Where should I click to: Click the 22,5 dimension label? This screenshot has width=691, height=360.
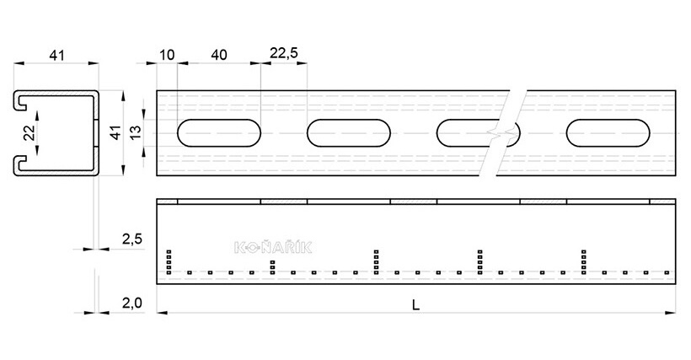(284, 53)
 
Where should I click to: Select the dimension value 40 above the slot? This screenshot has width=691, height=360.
(219, 55)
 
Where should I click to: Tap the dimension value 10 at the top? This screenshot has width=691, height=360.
(167, 55)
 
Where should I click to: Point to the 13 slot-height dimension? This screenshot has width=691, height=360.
(136, 132)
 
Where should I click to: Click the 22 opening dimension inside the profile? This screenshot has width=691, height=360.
(29, 132)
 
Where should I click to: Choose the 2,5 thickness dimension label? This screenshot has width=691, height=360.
(132, 239)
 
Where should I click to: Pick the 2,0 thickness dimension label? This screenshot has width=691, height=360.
(132, 304)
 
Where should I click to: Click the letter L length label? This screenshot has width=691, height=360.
(415, 305)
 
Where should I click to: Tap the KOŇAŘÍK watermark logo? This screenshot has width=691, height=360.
(273, 247)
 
